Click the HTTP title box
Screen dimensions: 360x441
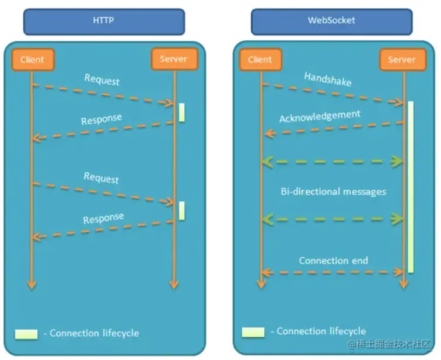[104, 20]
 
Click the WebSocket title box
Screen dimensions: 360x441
[331, 20]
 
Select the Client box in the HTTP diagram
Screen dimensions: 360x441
[32, 59]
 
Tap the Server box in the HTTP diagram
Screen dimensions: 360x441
[174, 59]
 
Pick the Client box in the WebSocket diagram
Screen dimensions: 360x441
[260, 59]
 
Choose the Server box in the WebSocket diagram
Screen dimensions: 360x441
[402, 59]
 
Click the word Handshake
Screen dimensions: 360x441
[328, 79]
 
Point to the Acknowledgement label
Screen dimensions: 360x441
[319, 116]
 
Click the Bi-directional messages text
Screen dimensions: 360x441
[333, 191]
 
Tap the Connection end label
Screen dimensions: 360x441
[333, 260]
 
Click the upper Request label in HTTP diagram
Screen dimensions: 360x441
[101, 79]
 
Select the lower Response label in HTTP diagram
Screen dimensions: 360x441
[103, 219]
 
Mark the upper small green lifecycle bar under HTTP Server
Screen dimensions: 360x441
[181, 112]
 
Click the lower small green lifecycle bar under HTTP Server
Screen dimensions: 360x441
[181, 211]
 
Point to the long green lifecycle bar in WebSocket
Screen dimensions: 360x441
[411, 187]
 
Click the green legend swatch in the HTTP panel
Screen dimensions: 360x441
[26, 334]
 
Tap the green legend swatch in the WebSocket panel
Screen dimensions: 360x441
[253, 331]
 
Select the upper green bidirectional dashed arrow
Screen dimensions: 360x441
[332, 162]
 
